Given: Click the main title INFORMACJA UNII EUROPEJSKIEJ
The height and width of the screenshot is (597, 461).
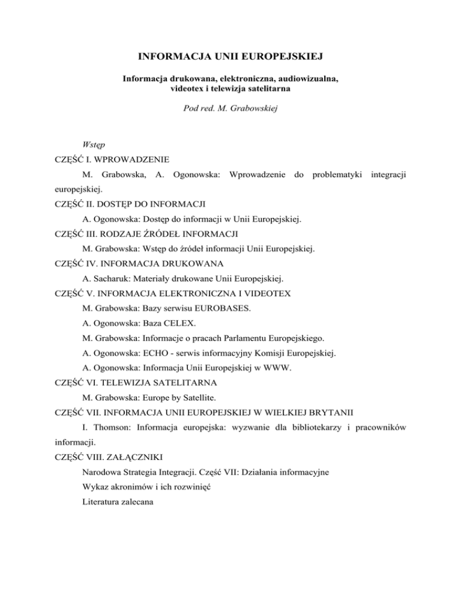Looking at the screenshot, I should pyautogui.click(x=230, y=57).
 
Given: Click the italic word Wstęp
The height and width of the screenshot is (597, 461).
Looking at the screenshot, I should pyautogui.click(x=95, y=144).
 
